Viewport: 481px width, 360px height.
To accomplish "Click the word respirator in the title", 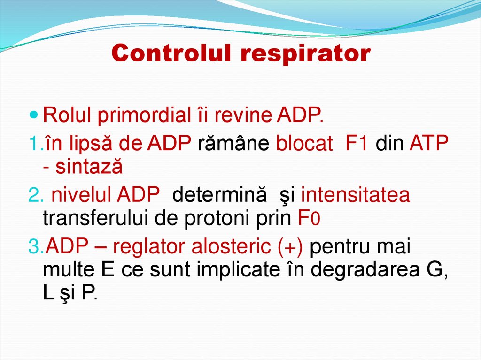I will [306, 54].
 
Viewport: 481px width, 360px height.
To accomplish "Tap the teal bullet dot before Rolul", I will [33, 114].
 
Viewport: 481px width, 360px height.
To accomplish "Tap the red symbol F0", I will [309, 219].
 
